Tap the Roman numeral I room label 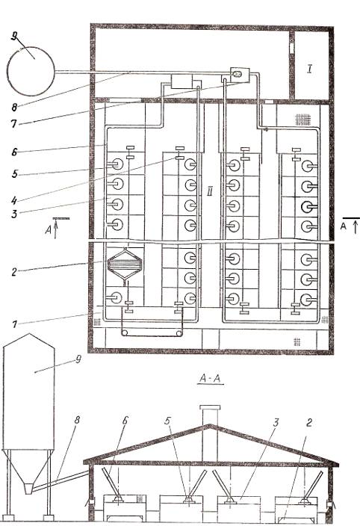(x=310, y=69)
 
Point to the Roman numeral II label (x=210, y=191)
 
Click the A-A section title (x=210, y=378)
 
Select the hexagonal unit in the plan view (x=125, y=263)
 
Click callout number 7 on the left (x=13, y=124)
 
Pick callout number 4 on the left (x=13, y=200)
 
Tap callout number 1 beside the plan (x=13, y=324)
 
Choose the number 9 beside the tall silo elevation (x=78, y=359)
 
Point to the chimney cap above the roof (x=210, y=408)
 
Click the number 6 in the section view (x=125, y=420)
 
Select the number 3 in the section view (x=276, y=423)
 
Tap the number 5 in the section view (x=167, y=421)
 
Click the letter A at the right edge (x=344, y=226)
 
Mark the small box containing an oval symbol (x=239, y=75)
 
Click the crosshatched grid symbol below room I (x=302, y=119)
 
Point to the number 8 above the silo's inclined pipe (x=77, y=420)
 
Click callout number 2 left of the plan (x=13, y=272)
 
